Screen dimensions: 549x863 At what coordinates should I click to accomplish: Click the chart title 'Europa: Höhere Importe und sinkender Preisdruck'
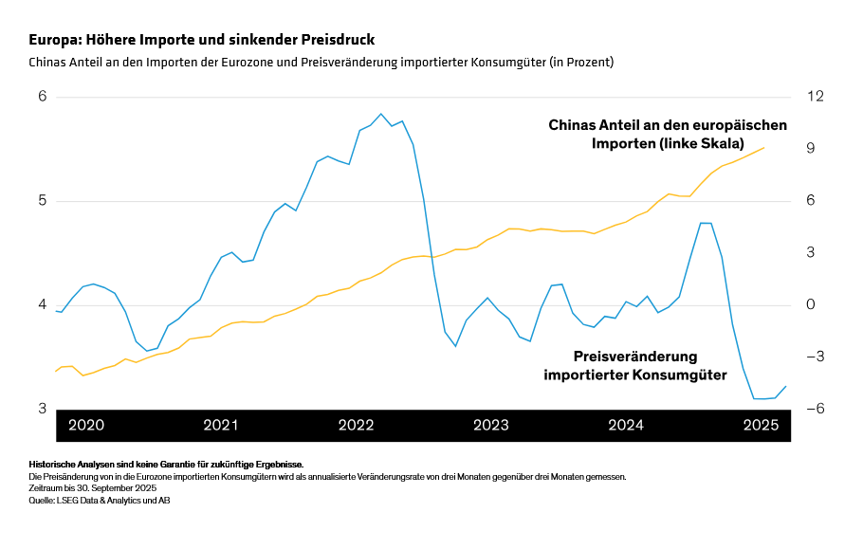click(x=201, y=40)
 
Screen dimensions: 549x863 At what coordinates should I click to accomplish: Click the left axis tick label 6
click(x=42, y=97)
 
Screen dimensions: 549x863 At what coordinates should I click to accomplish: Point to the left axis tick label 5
click(x=42, y=201)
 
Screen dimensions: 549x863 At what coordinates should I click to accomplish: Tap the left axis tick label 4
click(x=42, y=305)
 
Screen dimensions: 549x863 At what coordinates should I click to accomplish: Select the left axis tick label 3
click(x=42, y=409)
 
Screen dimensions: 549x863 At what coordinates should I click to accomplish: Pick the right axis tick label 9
click(x=812, y=149)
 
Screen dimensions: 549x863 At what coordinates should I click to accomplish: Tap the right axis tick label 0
click(x=812, y=305)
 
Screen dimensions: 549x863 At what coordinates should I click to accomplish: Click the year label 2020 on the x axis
click(x=86, y=426)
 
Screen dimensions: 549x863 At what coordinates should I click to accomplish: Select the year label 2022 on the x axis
click(x=357, y=426)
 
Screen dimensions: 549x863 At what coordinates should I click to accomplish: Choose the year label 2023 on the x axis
click(x=491, y=426)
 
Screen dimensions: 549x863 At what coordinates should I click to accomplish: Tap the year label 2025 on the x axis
click(x=761, y=426)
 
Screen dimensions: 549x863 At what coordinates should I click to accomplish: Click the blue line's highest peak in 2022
click(x=380, y=114)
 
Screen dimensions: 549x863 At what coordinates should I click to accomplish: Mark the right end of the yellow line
click(x=764, y=147)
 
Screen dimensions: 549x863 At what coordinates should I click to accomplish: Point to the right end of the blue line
click(x=786, y=386)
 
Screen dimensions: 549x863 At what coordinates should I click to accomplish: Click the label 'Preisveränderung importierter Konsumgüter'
click(x=635, y=366)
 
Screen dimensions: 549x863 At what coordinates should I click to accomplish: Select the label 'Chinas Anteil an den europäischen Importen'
click(x=668, y=134)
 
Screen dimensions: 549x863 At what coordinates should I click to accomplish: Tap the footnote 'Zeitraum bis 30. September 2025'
click(x=92, y=488)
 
